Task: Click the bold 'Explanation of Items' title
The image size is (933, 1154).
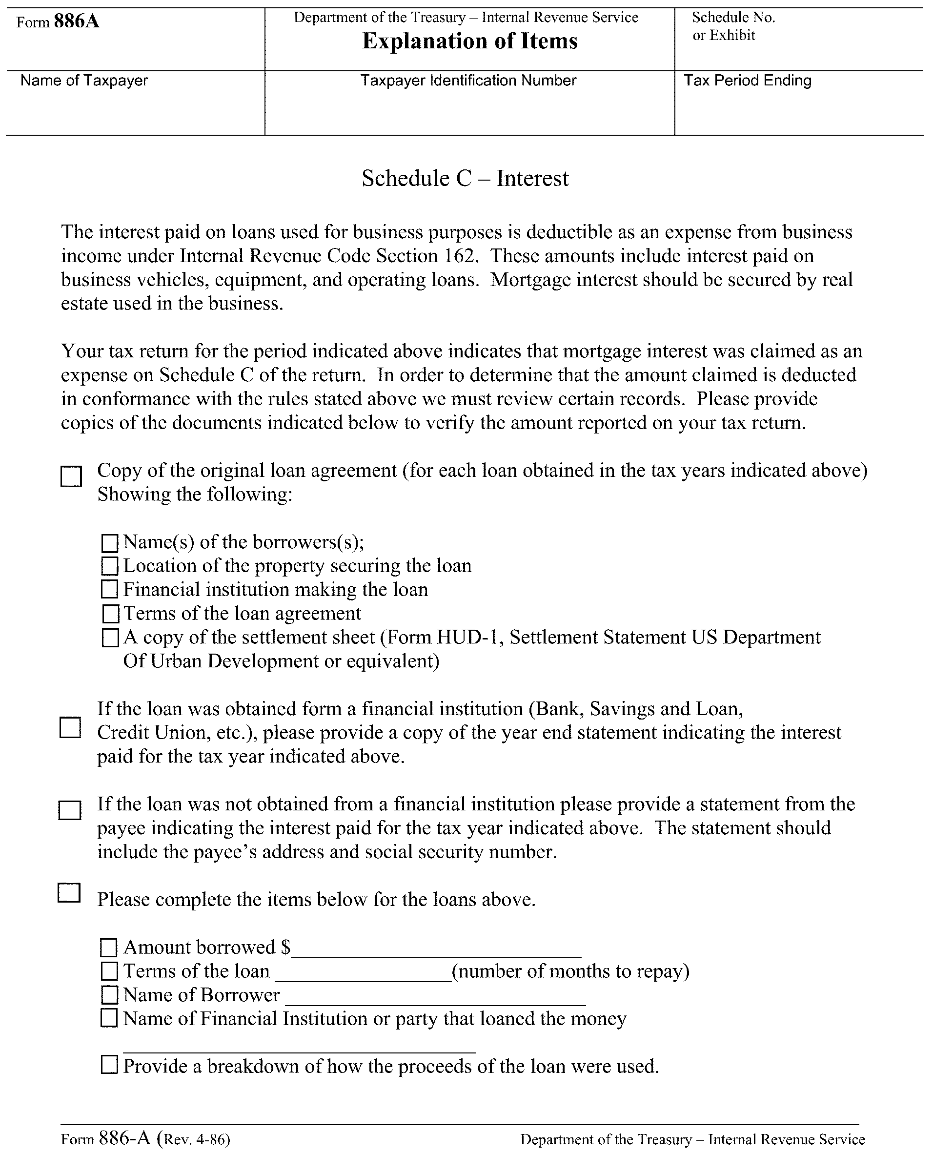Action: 470,41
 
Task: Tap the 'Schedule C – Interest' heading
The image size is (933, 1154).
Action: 465,179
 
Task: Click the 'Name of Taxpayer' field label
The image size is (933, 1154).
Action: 84,81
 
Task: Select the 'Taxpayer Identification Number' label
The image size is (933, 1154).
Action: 468,81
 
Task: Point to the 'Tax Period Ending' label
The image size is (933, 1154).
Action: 747,81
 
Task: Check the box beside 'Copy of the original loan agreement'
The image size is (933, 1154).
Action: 71,475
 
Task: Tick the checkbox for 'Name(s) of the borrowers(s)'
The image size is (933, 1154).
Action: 110,543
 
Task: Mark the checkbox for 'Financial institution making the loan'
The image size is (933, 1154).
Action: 110,590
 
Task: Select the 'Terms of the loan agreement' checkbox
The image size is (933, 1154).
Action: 110,614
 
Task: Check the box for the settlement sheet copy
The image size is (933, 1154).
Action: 110,638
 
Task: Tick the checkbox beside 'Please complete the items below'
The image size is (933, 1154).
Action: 69,893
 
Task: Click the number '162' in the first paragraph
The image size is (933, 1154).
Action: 461,256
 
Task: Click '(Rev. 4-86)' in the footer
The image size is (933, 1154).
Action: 197,1139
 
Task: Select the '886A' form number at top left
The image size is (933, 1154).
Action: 76,22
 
